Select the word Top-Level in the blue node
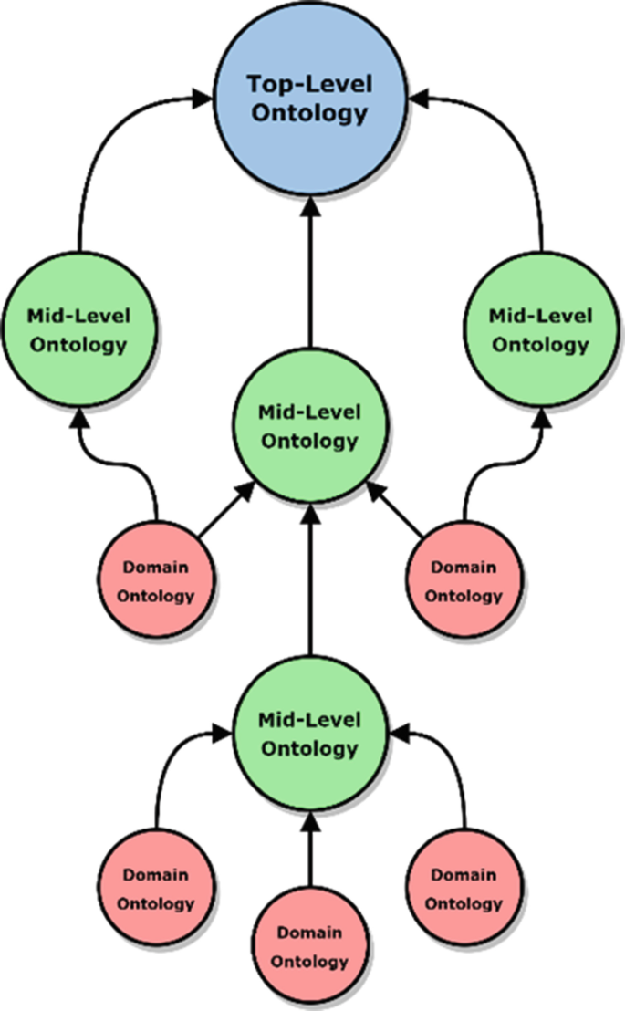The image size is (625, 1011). (309, 84)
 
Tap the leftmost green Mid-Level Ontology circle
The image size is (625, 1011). (78, 330)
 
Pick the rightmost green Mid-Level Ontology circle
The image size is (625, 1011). (540, 330)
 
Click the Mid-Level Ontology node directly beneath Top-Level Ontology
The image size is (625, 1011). (309, 426)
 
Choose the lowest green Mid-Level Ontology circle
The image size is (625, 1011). (309, 735)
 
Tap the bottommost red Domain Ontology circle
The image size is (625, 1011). (309, 946)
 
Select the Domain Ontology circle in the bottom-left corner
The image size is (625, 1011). (158, 889)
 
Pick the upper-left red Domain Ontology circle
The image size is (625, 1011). (158, 581)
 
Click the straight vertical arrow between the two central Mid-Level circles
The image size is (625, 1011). (310, 584)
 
